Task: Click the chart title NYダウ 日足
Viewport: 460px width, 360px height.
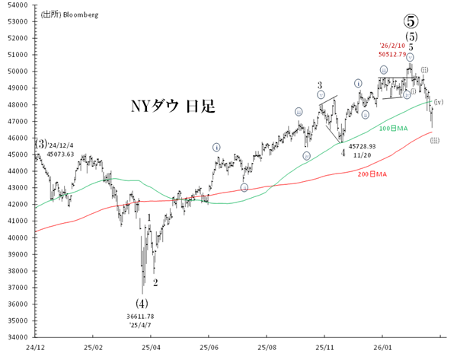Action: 173,106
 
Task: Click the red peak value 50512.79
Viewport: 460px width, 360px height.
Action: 394,54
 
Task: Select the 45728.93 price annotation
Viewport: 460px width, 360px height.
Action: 363,145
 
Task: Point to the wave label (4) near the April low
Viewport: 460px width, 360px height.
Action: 141,303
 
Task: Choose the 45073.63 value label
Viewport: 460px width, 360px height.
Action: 60,154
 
